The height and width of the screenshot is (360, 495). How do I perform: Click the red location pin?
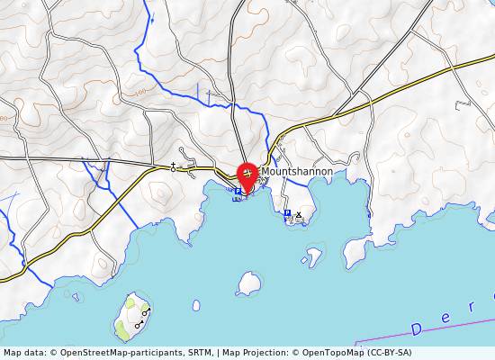[x=247, y=173]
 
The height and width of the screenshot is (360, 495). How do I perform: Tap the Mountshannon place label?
[x=297, y=171]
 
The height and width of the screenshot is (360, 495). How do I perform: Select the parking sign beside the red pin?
[x=238, y=191]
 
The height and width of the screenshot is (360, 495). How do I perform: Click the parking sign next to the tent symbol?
[x=287, y=214]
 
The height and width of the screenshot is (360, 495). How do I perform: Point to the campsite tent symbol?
[x=299, y=215]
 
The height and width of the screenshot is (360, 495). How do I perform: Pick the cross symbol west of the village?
[x=174, y=167]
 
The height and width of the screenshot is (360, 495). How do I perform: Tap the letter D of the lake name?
[x=417, y=328]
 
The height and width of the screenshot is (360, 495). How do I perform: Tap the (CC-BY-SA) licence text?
[x=391, y=353]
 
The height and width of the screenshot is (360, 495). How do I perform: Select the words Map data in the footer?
[x=21, y=353]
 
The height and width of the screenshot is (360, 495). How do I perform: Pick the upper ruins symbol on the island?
[x=146, y=311]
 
